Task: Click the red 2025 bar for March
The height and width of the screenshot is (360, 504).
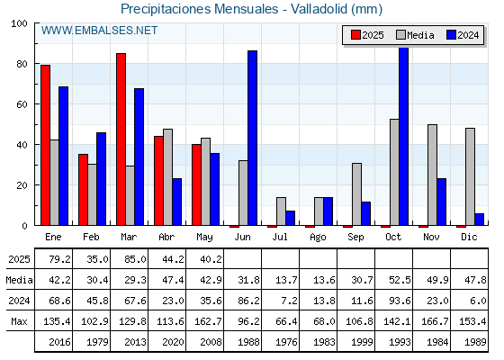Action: (121, 139)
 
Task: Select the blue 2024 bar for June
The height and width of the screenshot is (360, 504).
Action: (252, 138)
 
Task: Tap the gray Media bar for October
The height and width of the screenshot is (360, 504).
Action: (394, 172)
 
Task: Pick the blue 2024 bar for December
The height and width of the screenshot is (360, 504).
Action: (479, 220)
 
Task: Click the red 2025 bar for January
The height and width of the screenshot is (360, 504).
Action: (45, 145)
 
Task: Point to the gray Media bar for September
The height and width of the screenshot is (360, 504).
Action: (356, 194)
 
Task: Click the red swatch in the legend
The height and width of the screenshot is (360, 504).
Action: (355, 35)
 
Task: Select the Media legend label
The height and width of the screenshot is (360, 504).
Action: (420, 35)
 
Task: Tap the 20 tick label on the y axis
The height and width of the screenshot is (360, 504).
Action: (22, 185)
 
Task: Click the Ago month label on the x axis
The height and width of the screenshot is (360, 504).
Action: (318, 238)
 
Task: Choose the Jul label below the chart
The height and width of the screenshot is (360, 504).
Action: (280, 237)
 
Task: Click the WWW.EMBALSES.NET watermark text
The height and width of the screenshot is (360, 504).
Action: (99, 31)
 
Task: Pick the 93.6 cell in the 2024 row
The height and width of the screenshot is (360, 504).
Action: (400, 301)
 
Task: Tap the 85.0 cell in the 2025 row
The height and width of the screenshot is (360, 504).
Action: (135, 259)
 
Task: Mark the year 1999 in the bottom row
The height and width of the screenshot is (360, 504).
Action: (362, 342)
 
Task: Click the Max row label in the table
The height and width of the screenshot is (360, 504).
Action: (19, 321)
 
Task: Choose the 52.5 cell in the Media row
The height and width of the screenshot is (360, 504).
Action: (400, 280)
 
